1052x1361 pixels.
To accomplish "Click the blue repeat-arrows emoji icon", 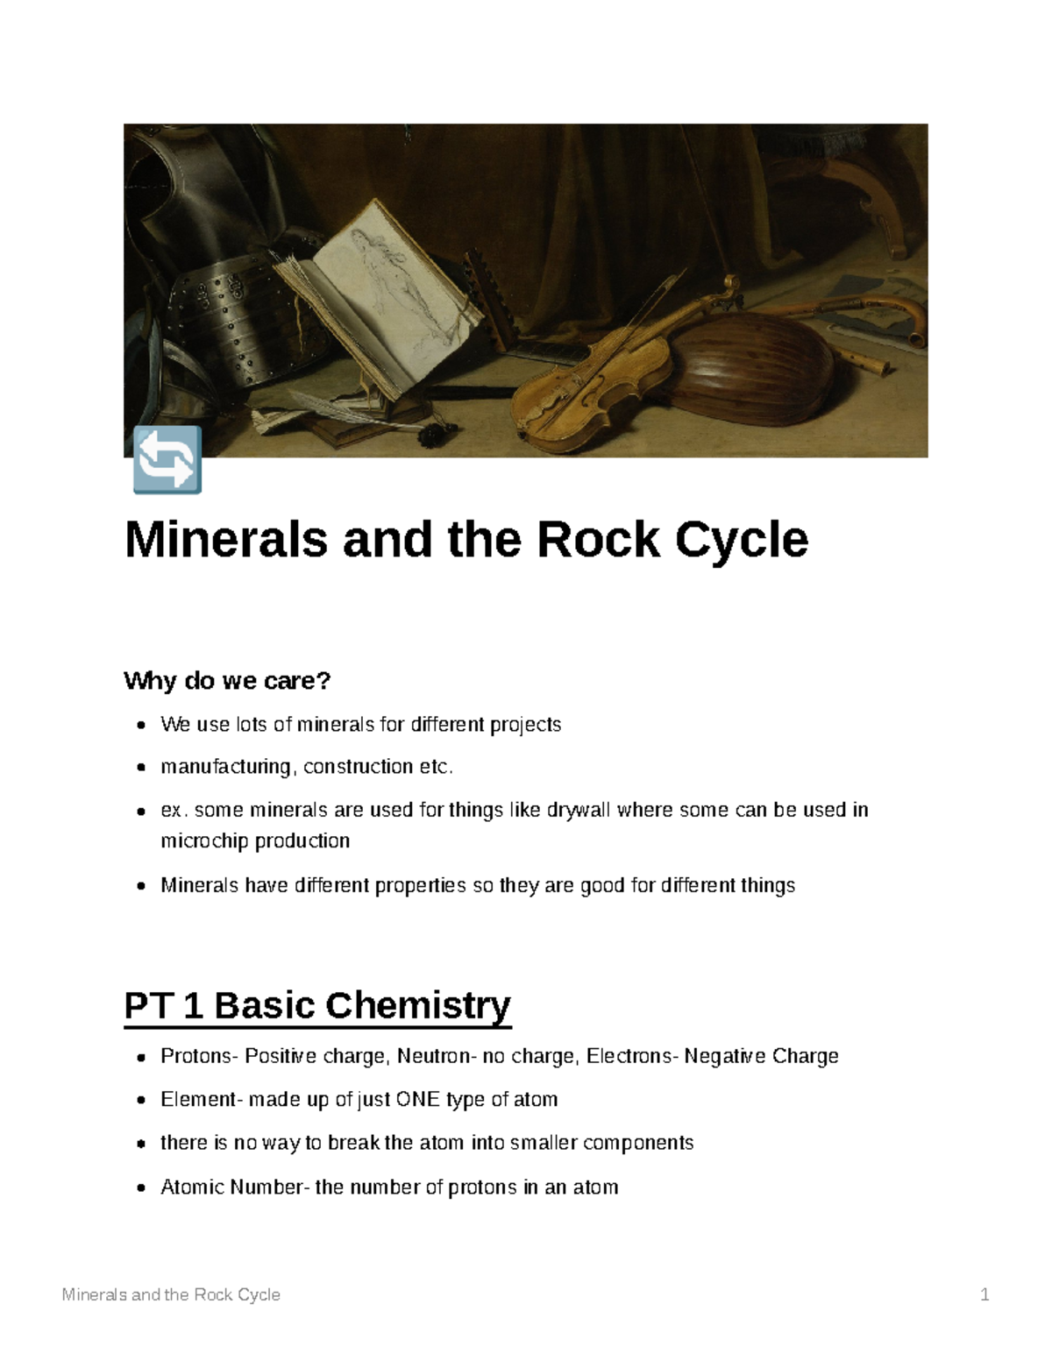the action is [x=167, y=460].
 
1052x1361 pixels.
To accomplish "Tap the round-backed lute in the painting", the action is [x=736, y=368].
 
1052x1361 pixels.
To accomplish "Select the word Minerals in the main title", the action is [x=226, y=540].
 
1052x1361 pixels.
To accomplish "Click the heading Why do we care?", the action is [x=227, y=681].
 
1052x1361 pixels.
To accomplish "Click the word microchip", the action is [x=204, y=841].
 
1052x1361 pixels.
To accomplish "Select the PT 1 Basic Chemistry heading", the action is [x=317, y=1005].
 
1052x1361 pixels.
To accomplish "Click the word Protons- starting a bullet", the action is [x=198, y=1056].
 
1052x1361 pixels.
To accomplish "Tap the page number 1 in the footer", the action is [x=984, y=1294].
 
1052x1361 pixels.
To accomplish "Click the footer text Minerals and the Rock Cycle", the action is [x=171, y=1294].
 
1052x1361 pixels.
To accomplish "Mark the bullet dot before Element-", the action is [x=141, y=1101].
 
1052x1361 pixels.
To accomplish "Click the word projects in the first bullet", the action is [x=525, y=725].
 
